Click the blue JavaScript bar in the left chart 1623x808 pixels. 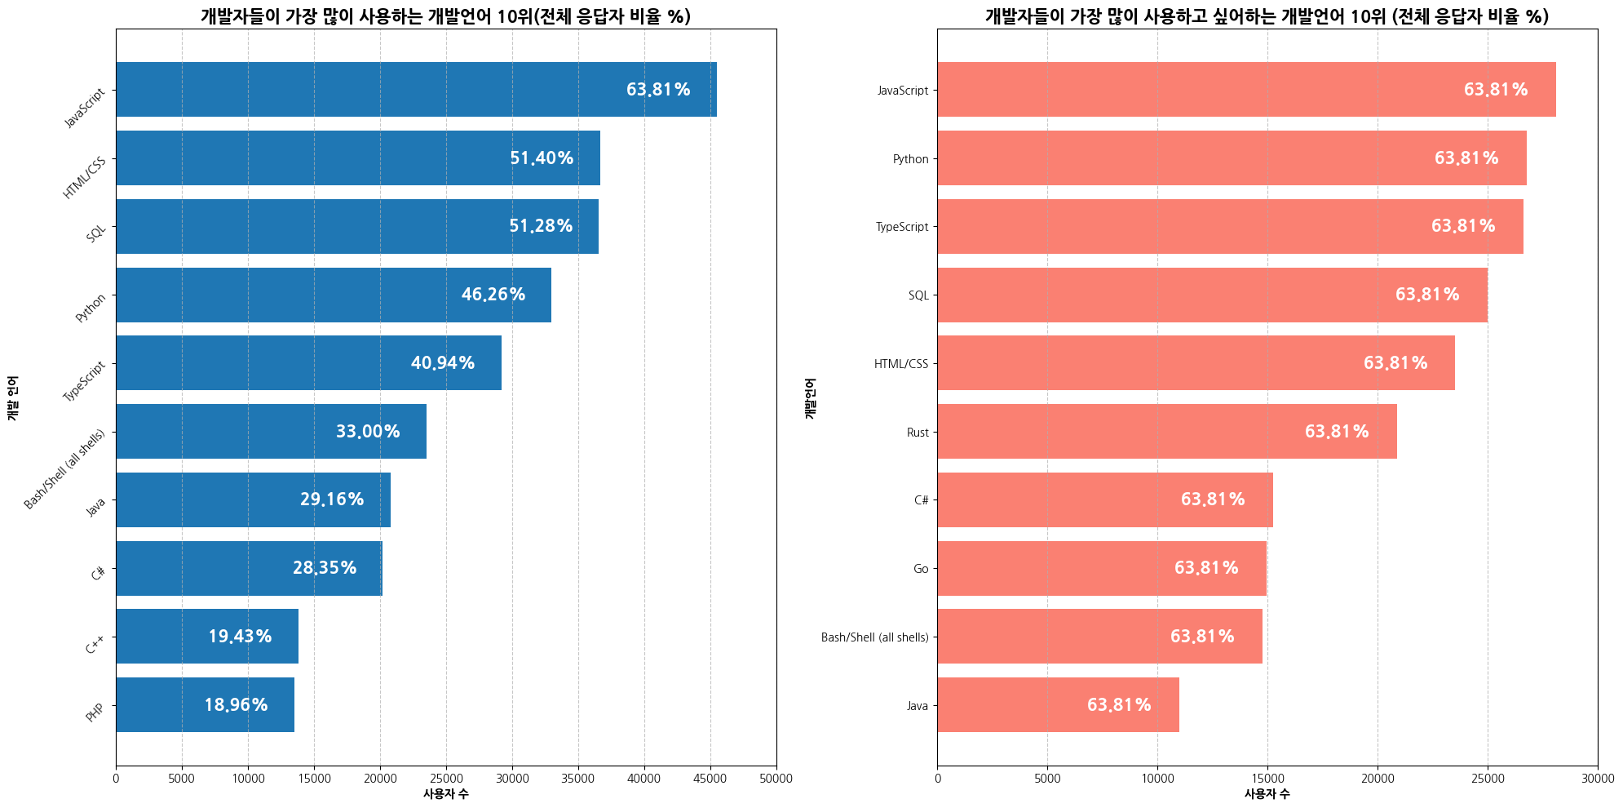416,90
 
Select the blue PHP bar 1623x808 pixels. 205,705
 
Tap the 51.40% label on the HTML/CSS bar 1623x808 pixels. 542,158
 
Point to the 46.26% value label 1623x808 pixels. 493,295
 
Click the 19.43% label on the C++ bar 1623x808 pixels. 240,637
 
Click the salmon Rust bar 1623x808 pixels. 1166,432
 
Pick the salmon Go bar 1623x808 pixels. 1101,569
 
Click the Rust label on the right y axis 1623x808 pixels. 918,433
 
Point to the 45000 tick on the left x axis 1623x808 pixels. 710,779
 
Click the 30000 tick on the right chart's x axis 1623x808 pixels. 1597,779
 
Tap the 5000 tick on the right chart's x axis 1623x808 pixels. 1047,779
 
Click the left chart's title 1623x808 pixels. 445,16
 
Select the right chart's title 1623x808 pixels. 1267,16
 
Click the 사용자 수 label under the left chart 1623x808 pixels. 445,794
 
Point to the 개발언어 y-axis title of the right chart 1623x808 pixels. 810,397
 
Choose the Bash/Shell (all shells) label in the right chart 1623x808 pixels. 875,637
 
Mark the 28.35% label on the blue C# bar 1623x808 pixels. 325,568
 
